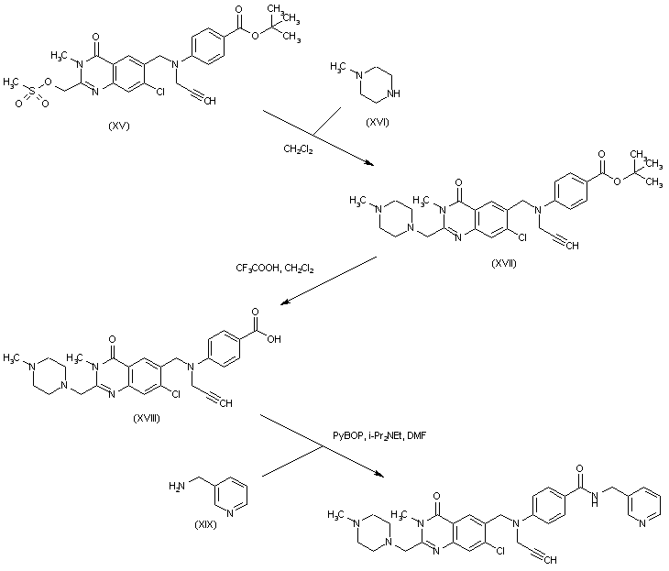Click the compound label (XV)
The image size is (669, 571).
[117, 126]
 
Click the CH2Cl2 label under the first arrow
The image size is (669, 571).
[296, 149]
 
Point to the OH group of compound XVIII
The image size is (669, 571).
[273, 337]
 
